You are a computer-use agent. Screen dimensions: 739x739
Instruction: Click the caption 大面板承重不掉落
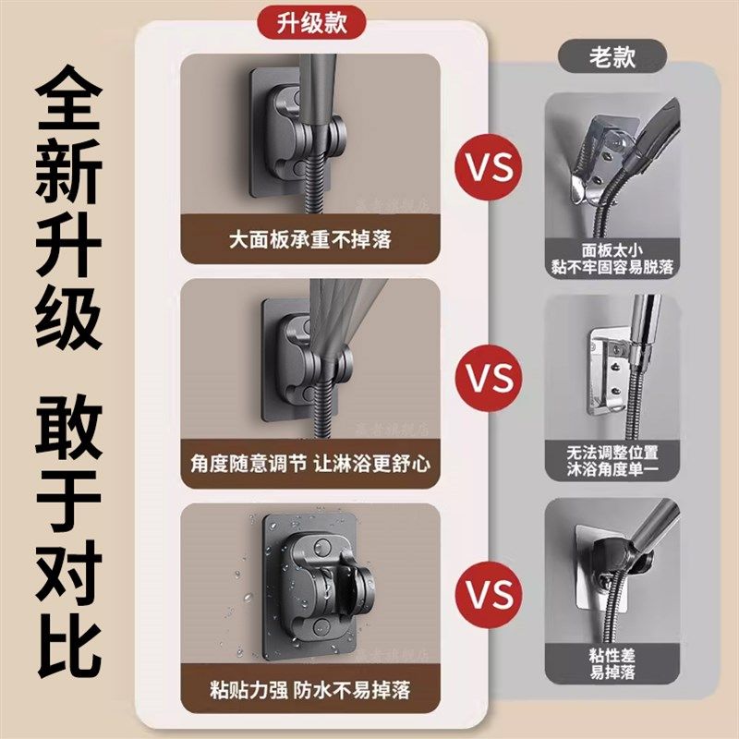click(x=309, y=240)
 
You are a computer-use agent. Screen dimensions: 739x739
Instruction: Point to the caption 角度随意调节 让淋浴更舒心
click(x=309, y=461)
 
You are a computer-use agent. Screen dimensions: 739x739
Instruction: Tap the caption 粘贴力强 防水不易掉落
click(x=309, y=690)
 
